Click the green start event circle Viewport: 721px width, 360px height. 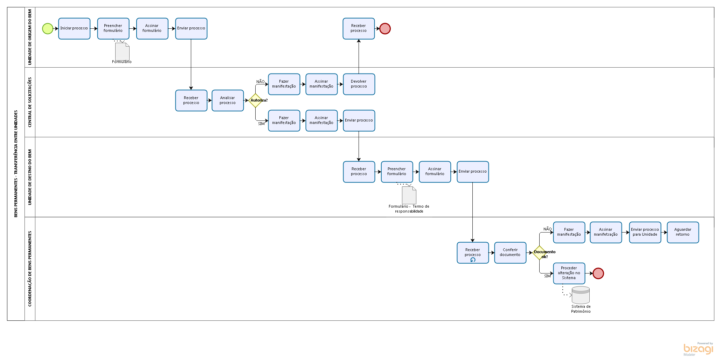point(48,29)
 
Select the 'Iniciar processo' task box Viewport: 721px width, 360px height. point(74,29)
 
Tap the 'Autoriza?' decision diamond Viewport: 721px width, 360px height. point(255,101)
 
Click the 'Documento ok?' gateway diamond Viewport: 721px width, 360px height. point(540,252)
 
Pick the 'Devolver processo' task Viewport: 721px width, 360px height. point(359,84)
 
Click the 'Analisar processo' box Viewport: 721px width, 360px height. point(228,101)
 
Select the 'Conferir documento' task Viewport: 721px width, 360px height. point(510,252)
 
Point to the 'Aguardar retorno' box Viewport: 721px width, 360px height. point(683,232)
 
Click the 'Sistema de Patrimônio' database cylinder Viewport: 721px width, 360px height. point(581,295)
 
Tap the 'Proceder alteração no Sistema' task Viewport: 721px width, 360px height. point(569,273)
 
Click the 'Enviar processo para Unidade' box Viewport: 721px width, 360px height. point(645,232)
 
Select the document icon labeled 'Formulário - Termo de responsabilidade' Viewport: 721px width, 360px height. point(409,195)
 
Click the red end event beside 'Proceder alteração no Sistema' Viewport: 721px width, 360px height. point(598,274)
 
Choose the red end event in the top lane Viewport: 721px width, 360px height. point(385,29)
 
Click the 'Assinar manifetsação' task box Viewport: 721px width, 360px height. point(606,232)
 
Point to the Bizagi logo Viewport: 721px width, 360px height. point(698,349)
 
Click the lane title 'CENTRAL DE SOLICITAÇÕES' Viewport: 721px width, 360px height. point(30,102)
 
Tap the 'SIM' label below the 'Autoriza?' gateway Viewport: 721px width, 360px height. point(261,124)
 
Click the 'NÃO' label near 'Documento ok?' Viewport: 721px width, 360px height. point(547,229)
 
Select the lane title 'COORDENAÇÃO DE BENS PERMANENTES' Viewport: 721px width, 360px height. point(30,269)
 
